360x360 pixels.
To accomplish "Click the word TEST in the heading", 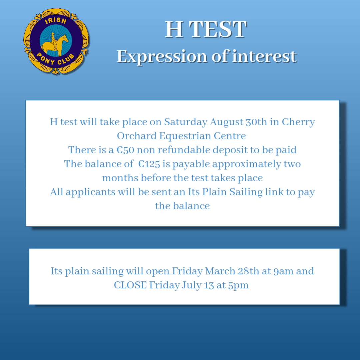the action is [218, 29].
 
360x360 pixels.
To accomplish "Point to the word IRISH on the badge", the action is [56, 21].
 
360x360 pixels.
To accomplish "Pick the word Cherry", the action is [298, 122].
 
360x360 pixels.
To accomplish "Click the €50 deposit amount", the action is [125, 150].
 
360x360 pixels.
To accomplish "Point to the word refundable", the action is [184, 150].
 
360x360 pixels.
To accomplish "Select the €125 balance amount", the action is [149, 164].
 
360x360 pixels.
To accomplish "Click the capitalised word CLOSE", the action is [130, 285].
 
